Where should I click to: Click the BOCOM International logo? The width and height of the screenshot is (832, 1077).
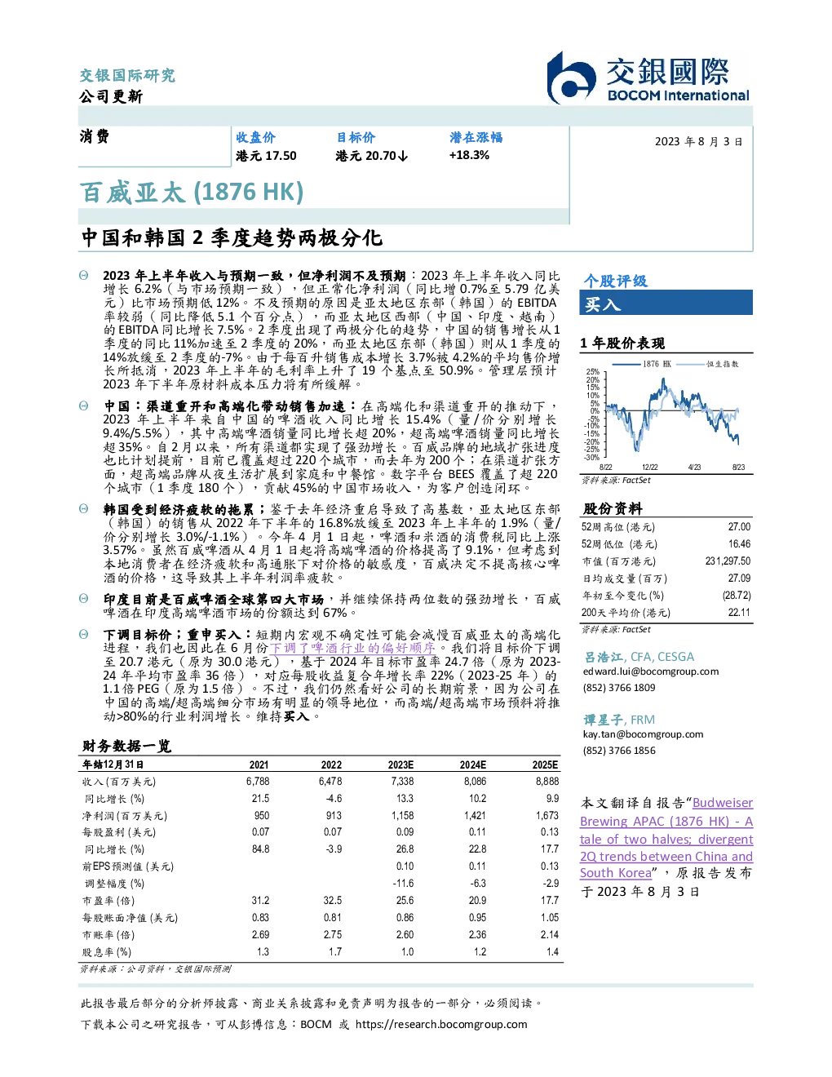pos(648,78)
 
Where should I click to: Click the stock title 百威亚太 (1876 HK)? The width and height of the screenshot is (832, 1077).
pos(192,193)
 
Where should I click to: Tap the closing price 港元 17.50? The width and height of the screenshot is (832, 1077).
pos(266,156)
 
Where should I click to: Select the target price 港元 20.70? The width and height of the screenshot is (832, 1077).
pos(372,156)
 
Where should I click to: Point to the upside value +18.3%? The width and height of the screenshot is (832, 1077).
pos(469,155)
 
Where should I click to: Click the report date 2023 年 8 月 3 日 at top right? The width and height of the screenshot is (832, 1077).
pos(698,142)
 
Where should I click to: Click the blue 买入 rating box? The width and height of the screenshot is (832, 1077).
pos(666,304)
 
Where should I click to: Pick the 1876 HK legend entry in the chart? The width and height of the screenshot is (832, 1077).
pos(642,364)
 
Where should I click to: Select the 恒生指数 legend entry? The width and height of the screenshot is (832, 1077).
pos(708,364)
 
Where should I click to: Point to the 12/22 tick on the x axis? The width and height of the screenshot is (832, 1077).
pos(649,468)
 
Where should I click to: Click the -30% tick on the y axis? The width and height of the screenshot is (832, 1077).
pos(592,458)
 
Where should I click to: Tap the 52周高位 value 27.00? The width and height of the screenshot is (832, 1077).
pos(739,527)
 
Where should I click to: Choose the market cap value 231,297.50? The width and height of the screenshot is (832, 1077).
pos(728,561)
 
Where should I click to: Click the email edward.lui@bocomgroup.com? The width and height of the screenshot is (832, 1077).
pos(651,671)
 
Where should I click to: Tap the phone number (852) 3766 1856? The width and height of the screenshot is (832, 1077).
pos(619,751)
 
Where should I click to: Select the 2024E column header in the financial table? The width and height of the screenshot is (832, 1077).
pos(473,765)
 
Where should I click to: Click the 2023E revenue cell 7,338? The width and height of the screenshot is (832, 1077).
pos(402,782)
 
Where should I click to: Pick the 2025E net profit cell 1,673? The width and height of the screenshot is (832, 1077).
pos(547,816)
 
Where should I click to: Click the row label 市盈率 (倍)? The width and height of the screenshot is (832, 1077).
pos(108,901)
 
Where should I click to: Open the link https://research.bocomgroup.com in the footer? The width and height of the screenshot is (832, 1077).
pos(441,1025)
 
